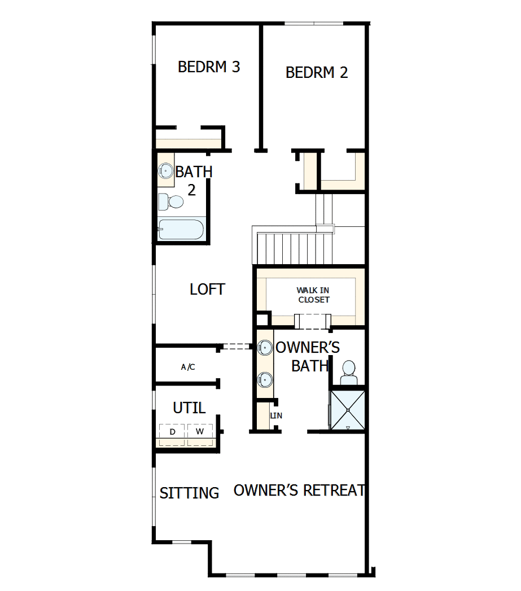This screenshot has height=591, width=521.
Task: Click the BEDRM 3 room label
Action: coord(209,67)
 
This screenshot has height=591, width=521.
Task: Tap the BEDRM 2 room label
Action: coord(317,72)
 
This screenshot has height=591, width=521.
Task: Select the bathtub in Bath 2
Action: coord(180,230)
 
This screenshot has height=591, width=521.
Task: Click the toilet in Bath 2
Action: coord(172,202)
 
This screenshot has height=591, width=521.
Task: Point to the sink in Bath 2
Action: coord(165,170)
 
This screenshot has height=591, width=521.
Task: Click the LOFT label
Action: coord(207,290)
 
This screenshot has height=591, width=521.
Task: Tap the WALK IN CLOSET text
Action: coord(313,295)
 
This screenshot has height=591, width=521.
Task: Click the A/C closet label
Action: coord(188,367)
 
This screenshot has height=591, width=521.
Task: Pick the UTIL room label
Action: coord(189,408)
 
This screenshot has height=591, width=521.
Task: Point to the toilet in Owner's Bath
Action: coord(348,373)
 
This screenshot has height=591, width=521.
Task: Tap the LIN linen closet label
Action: coord(276,415)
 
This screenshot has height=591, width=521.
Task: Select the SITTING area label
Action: coord(189,493)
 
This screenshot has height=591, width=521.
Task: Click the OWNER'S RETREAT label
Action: coord(299,491)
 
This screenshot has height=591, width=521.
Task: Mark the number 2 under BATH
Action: coord(191,190)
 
